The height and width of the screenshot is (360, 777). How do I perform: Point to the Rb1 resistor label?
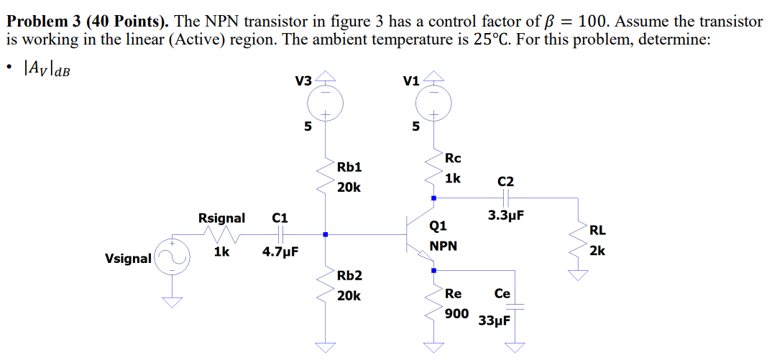pos(349,167)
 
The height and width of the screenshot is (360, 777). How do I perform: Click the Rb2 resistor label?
pos(349,276)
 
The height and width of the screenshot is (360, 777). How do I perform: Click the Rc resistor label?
pos(453,158)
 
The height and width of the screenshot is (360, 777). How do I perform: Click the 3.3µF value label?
pos(505,215)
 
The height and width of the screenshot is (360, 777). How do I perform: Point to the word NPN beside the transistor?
pos(443,246)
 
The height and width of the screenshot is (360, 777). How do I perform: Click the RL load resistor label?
pos(597,231)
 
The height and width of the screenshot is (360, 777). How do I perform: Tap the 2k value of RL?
pos(597,251)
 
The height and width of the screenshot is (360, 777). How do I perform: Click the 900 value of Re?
pos(456,313)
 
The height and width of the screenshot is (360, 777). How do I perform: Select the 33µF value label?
pos(495,320)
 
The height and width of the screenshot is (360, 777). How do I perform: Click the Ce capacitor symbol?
pos(515,307)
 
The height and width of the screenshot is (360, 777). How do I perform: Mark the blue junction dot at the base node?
pos(326,234)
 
